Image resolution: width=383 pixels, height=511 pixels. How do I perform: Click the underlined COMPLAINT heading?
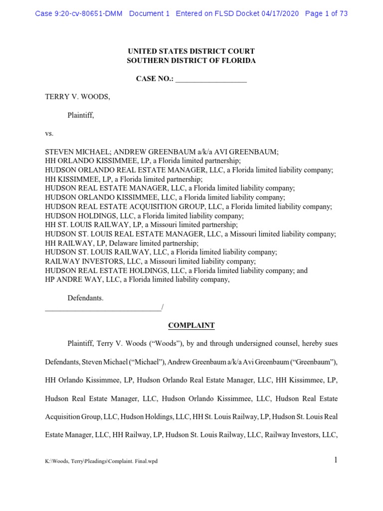coord(191,325)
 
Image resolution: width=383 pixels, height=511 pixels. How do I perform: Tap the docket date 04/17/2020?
coord(280,13)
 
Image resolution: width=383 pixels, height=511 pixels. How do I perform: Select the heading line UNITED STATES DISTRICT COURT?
coord(191,51)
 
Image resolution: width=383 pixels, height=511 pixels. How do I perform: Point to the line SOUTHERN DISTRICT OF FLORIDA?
coord(191,60)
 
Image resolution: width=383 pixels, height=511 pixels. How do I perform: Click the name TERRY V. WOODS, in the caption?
coord(77,97)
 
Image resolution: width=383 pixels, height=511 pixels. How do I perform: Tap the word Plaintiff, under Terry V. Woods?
coord(81,115)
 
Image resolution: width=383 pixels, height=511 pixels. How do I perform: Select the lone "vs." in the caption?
coord(49,134)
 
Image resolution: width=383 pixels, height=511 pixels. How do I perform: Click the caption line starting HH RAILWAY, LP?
coord(122,243)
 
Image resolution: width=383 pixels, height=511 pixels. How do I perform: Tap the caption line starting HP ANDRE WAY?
coord(137,279)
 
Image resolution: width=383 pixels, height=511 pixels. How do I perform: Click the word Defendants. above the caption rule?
coord(85,298)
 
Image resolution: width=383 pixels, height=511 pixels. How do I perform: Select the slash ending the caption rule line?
coord(162,307)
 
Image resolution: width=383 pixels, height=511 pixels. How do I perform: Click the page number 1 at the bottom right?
coord(336,460)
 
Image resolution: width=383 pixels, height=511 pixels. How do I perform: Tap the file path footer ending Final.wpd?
coord(101,461)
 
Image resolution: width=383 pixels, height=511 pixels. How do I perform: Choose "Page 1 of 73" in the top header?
coord(326,13)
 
